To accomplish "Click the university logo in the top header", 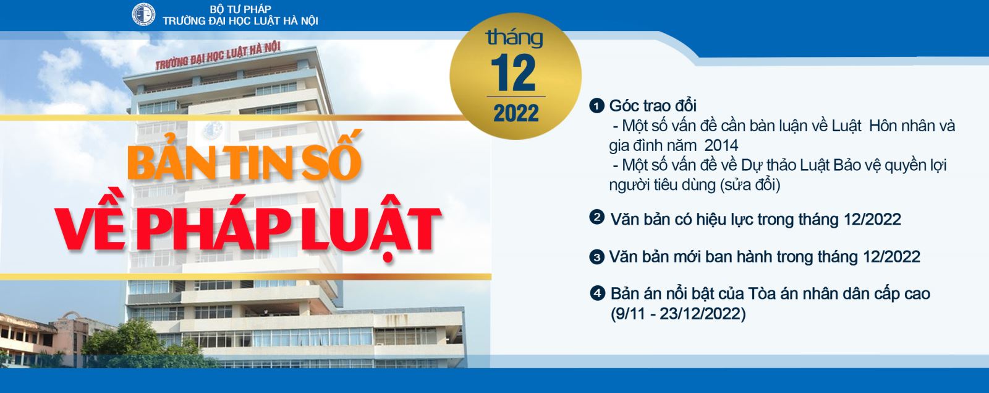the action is [x=143, y=14].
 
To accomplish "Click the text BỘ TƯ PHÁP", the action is [x=240, y=9].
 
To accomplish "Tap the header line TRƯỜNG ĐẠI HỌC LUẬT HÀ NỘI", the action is [x=240, y=21].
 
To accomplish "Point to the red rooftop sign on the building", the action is [x=218, y=56].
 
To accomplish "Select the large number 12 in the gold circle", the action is [x=513, y=74].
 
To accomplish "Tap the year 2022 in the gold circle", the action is [x=516, y=113].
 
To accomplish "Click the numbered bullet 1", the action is [x=596, y=106].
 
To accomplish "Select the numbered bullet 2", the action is [x=596, y=217].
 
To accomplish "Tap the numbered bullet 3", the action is [x=596, y=257].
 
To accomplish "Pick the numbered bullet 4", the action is [x=597, y=293].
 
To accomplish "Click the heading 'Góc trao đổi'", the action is [x=653, y=106].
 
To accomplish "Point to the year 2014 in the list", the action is [x=721, y=145].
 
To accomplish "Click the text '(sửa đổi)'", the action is [x=750, y=185].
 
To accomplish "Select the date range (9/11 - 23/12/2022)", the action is [x=678, y=314].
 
